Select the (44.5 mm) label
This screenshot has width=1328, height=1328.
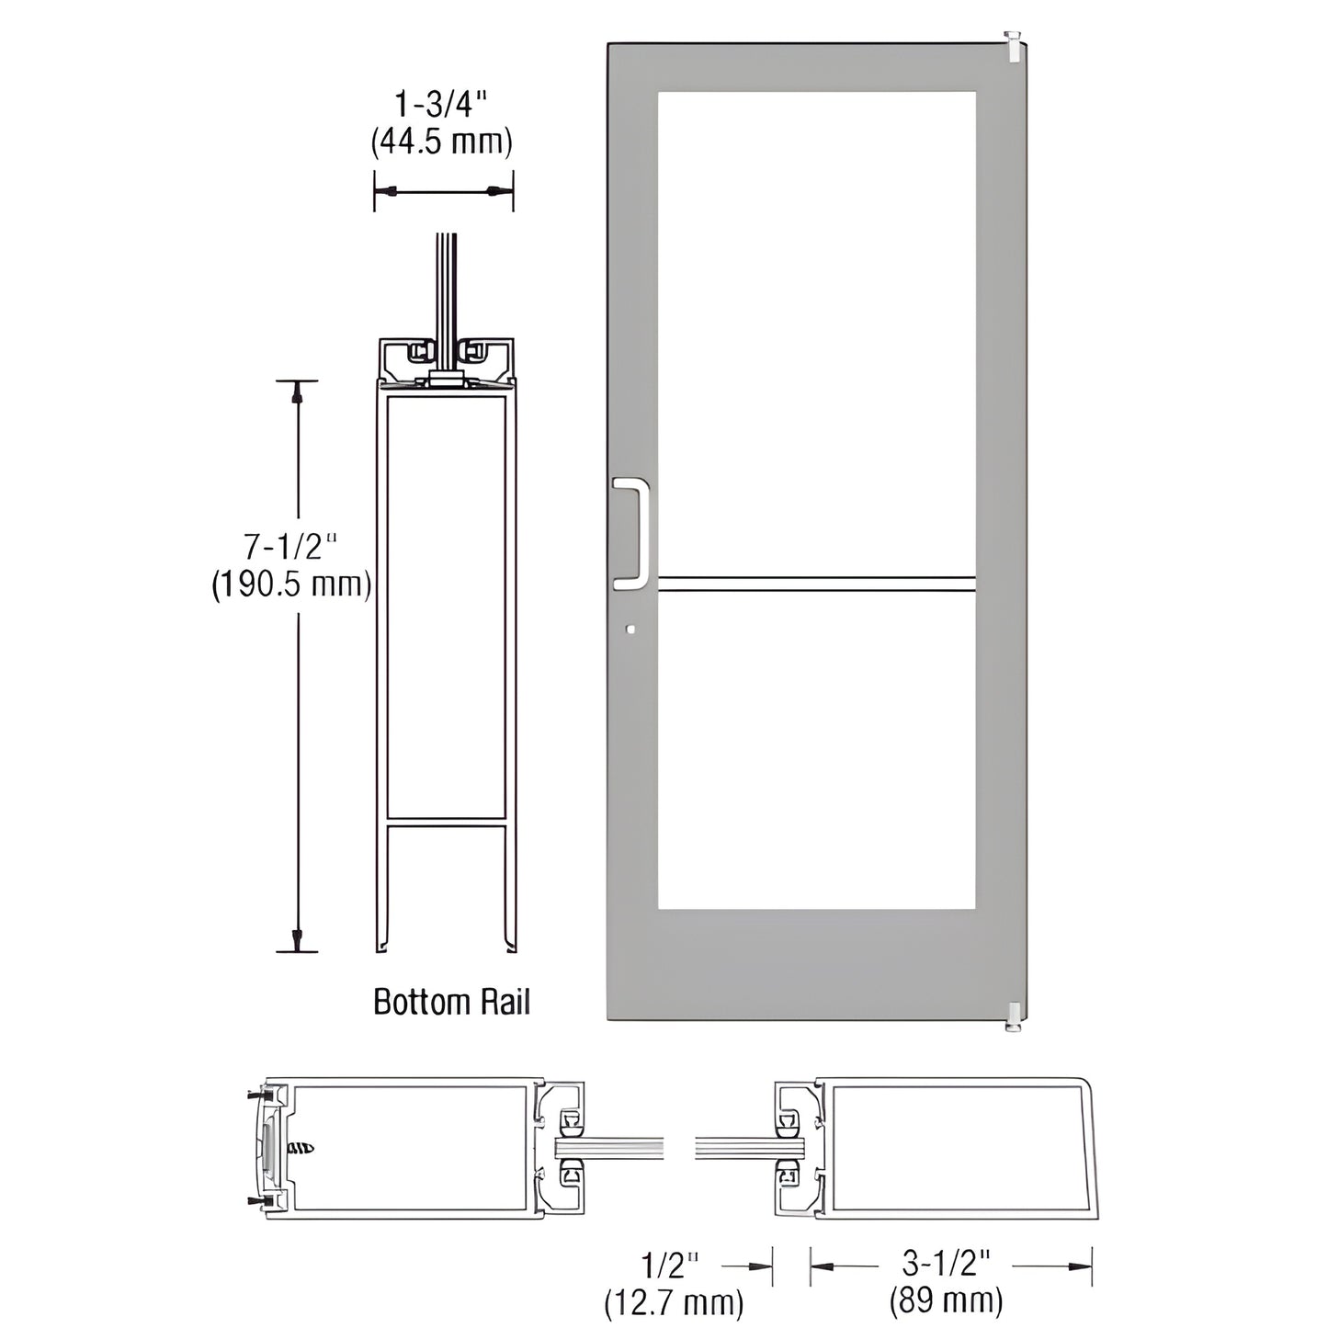pos(441,142)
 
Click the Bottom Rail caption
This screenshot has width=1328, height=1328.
pos(451,1002)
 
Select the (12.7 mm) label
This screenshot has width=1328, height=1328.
pos(674,1301)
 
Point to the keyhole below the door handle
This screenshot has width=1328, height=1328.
pos(629,630)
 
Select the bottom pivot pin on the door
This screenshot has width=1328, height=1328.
pos(1013,1016)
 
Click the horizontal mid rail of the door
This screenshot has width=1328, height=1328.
pos(816,583)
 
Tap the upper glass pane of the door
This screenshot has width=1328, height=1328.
pos(816,331)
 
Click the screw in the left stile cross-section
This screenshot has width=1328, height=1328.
pos(301,1148)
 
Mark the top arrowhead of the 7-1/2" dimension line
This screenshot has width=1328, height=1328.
pos(297,393)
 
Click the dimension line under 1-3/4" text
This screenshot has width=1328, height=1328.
pos(443,192)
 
